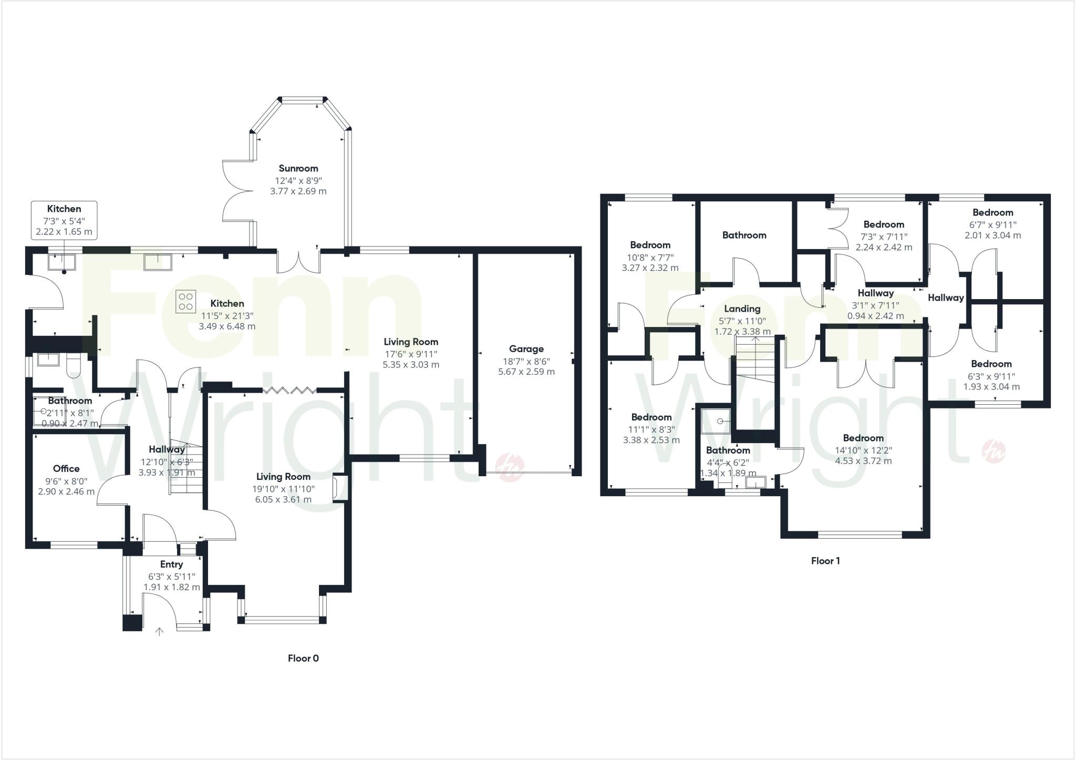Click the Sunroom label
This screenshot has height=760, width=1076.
click(x=298, y=168)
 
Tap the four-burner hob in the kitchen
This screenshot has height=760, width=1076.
click(x=186, y=301)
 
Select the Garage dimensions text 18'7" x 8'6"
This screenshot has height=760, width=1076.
click(x=526, y=361)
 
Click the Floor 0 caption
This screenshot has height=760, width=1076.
click(x=303, y=658)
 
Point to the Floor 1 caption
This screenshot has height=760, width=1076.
click(x=825, y=561)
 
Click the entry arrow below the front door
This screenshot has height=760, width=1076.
click(x=159, y=631)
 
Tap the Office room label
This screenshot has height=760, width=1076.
click(x=66, y=468)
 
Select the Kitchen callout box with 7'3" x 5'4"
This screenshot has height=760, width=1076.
click(x=64, y=220)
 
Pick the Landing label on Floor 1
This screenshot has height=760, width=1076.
click(x=742, y=309)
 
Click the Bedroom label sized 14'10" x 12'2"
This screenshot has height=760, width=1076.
click(x=863, y=438)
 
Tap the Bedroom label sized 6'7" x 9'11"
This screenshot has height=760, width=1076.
click(x=992, y=212)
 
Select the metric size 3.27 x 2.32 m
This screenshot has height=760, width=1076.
click(x=650, y=268)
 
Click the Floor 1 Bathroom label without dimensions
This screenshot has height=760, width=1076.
click(x=744, y=235)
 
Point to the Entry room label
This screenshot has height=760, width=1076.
click(x=171, y=564)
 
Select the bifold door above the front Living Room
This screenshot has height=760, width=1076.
click(x=289, y=390)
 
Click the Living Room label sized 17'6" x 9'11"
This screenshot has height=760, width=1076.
click(x=411, y=342)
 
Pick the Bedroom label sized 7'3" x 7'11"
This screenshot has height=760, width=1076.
click(x=884, y=224)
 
